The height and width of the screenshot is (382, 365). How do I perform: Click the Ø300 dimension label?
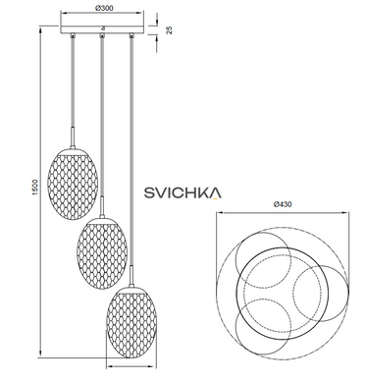click(x=104, y=8)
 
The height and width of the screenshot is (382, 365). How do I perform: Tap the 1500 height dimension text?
click(x=35, y=188)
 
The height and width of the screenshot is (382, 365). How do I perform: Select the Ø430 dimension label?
click(x=283, y=204)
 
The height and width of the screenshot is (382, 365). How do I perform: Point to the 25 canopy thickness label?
click(x=169, y=29)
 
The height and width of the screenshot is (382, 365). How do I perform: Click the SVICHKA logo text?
click(x=182, y=192)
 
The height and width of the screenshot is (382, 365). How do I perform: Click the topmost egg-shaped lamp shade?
click(x=73, y=183)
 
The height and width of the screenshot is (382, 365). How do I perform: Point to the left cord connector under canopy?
click(x=73, y=34)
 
